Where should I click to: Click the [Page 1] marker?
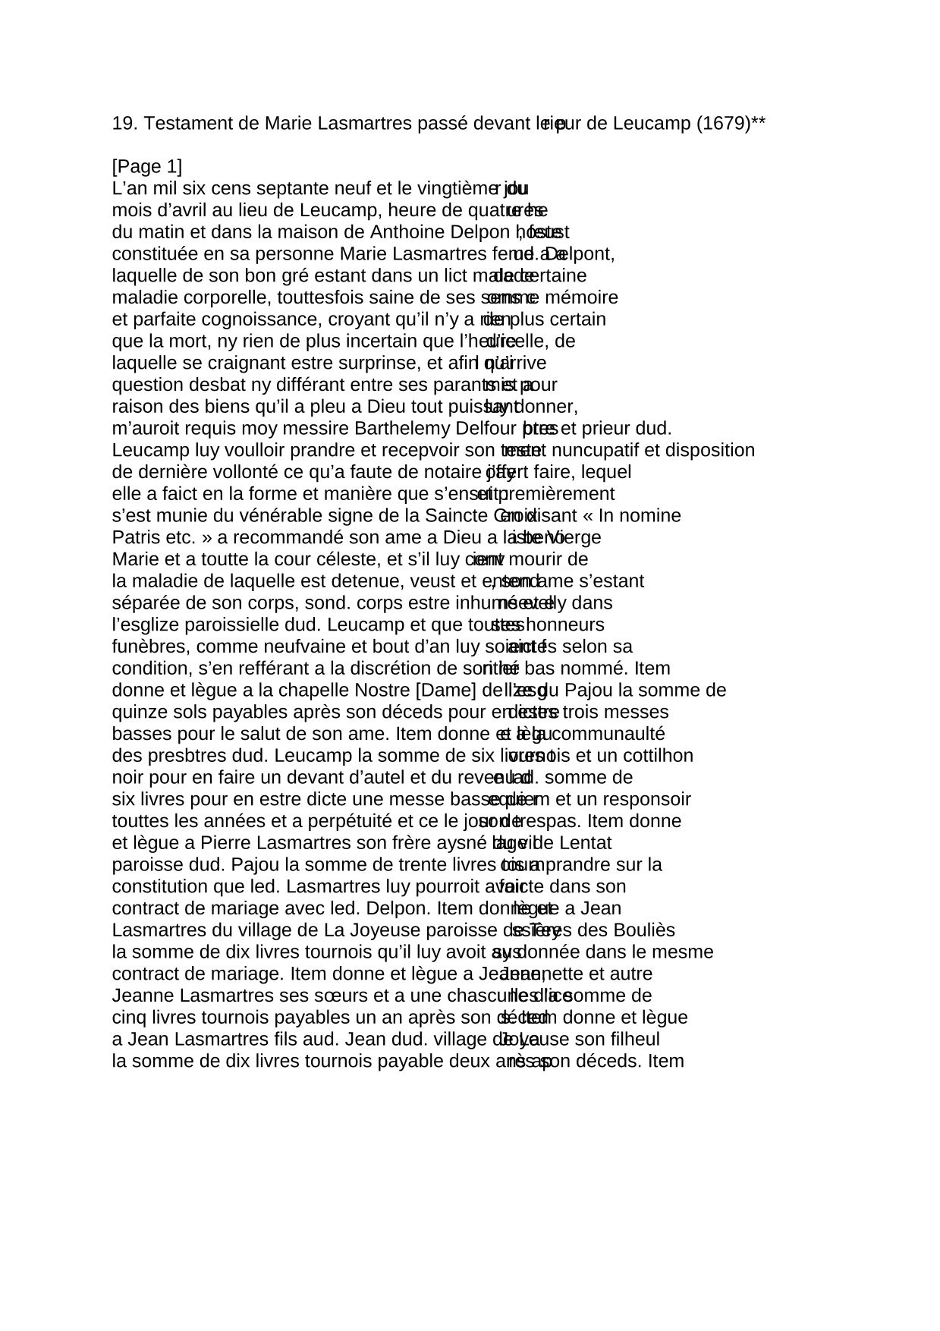147,166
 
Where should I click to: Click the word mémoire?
586,297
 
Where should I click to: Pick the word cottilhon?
656,755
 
